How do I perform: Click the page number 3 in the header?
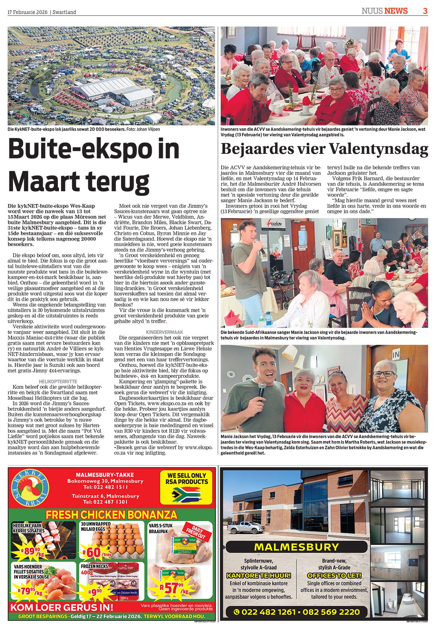(425, 11)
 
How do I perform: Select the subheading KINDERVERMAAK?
(164, 332)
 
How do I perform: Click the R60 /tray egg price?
(96, 552)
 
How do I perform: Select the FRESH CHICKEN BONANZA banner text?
(111, 515)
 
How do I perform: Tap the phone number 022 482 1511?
(105, 487)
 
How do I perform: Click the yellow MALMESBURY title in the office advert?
(296, 547)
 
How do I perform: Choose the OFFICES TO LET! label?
(334, 575)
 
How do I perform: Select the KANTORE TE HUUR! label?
(258, 575)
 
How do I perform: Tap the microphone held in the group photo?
(261, 391)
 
